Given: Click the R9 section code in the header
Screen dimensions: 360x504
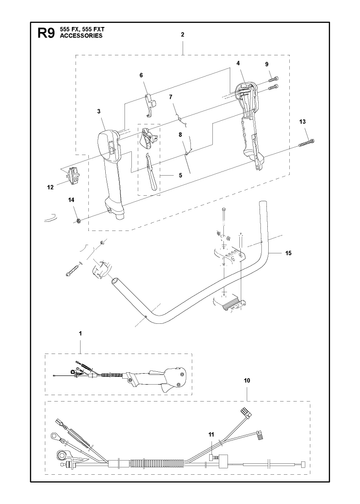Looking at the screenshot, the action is point(46,33).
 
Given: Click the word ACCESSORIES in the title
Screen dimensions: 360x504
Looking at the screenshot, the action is point(81,36).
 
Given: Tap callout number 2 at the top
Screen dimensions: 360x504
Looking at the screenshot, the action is point(182,34).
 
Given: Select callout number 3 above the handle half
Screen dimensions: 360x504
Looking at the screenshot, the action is point(99,111).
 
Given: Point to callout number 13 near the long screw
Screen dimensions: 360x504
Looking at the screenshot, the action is point(302,122).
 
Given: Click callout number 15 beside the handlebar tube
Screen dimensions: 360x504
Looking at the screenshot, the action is point(288,253).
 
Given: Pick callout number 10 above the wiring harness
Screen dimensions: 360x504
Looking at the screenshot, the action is point(247,380).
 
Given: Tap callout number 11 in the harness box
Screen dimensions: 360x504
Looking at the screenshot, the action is point(211,434).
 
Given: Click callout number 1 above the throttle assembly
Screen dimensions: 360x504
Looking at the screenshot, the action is point(80,333).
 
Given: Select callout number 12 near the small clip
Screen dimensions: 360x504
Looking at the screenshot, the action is point(50,187).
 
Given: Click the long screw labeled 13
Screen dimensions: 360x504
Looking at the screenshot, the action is point(307,142).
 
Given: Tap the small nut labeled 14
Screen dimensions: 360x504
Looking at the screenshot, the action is point(79,221).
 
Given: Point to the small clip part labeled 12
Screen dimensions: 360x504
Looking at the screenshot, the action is point(73,175).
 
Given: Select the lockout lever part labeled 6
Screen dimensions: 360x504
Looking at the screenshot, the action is point(150,105).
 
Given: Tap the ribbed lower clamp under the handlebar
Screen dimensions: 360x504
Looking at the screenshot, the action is point(230,303).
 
